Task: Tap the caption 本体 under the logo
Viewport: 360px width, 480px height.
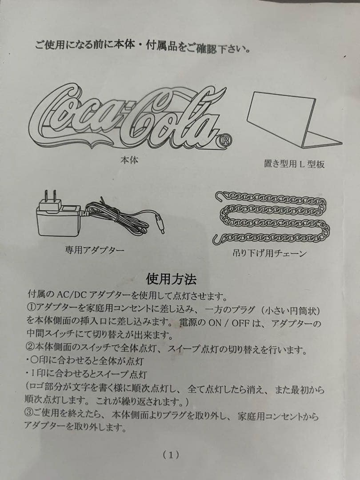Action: pos(129,160)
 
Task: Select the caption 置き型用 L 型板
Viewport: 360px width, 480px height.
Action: pos(294,164)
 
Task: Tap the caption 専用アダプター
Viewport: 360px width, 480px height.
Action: pos(95,250)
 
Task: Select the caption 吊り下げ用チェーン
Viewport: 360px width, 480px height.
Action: pos(270,254)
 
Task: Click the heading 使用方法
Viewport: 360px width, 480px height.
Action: pos(171,279)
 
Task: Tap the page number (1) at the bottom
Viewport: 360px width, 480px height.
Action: pos(171,454)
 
